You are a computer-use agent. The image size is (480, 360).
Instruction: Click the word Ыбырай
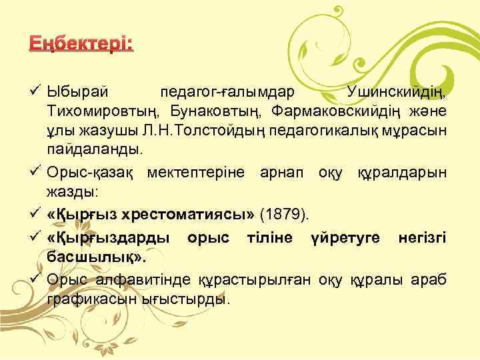(x=75, y=91)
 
